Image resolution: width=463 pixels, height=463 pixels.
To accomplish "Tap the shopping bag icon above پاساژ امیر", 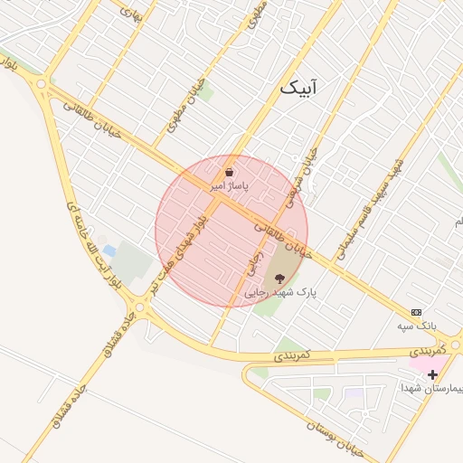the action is (229, 171).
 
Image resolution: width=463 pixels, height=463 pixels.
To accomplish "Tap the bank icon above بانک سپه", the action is (416, 312).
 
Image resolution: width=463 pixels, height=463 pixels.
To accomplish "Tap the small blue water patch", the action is (109, 250).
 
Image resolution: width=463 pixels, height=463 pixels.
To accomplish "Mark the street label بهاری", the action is (131, 13).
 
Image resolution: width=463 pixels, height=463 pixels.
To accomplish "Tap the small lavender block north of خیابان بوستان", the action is (354, 396).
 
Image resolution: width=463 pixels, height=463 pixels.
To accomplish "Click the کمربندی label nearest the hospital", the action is (423, 348).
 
